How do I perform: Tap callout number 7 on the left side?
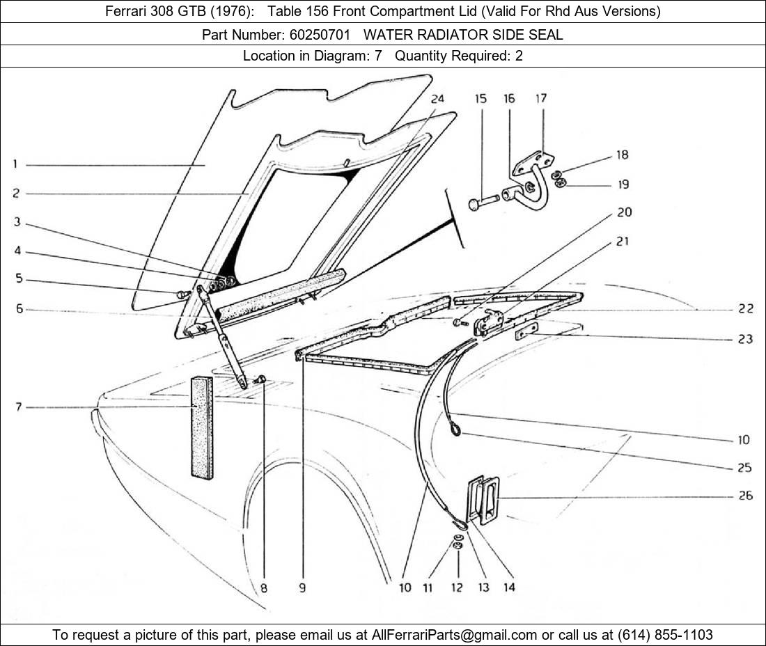pos(19,407)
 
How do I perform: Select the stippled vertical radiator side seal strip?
pos(202,427)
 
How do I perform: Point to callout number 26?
pos(744,496)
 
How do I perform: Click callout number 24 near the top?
pos(437,99)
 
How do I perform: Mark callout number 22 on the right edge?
pos(745,309)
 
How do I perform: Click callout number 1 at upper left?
pos(15,164)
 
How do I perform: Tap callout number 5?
pos(19,279)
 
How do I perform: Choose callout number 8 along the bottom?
pos(263,588)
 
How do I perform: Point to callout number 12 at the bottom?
pos(456,588)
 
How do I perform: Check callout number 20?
pos(624,212)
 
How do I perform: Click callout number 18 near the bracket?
pos(622,155)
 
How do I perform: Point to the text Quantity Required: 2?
pos(458,56)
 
